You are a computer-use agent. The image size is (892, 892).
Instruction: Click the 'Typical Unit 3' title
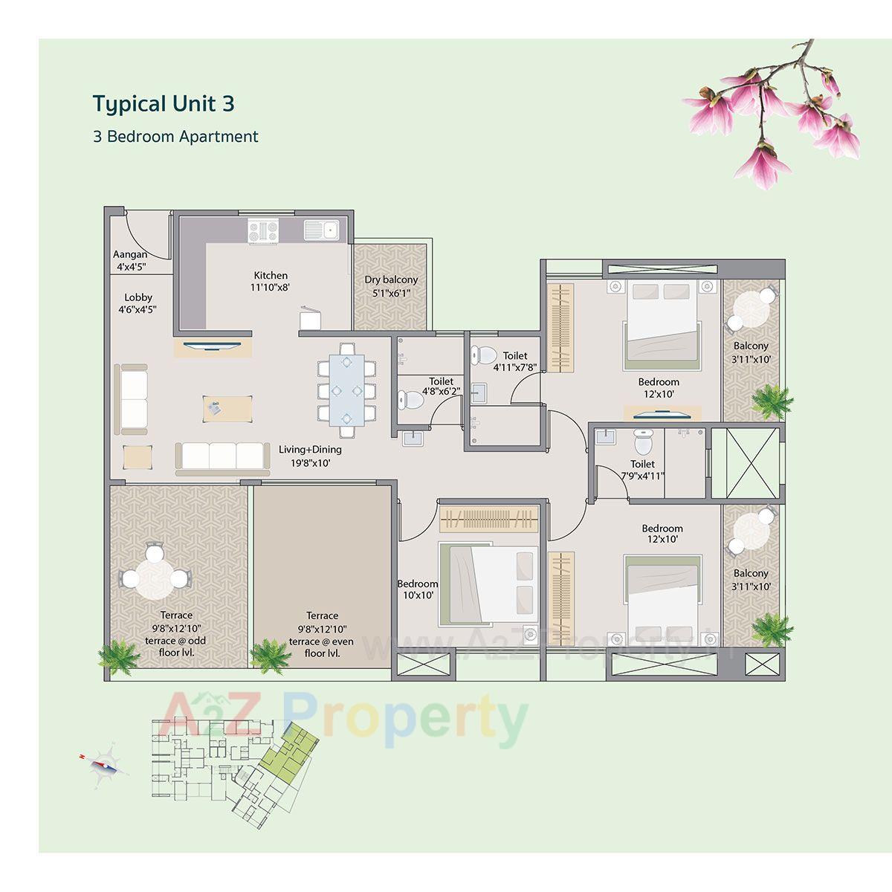[164, 103]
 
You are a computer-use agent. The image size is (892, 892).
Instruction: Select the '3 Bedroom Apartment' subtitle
[175, 137]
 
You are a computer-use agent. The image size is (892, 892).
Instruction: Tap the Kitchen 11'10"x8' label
[270, 281]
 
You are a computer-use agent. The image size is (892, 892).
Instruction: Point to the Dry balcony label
[391, 286]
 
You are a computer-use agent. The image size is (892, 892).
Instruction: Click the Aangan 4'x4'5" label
[131, 260]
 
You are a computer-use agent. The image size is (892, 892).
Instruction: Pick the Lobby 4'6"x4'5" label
[138, 303]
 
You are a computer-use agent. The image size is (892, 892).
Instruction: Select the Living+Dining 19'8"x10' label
[310, 456]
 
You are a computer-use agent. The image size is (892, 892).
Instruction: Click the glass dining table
[346, 388]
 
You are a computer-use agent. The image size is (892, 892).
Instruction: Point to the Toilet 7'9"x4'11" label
[642, 470]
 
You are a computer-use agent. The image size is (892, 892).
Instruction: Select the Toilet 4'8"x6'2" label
[441, 385]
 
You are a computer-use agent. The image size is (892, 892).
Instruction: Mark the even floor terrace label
[322, 634]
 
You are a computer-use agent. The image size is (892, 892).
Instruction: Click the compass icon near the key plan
[102, 760]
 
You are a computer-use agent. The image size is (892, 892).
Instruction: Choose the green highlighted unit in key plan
[291, 750]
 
